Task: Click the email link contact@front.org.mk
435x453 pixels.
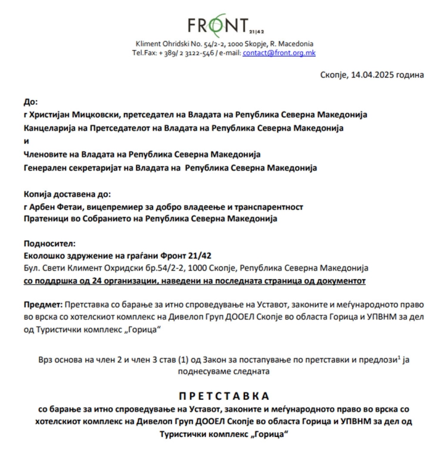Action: click(x=279, y=52)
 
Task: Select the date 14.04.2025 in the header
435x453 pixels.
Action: click(x=372, y=75)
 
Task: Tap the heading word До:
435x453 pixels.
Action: click(x=30, y=101)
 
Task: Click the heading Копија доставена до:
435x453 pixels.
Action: click(x=67, y=194)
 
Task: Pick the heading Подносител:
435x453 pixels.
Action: click(x=49, y=243)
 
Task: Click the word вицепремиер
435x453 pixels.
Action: click(x=113, y=207)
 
